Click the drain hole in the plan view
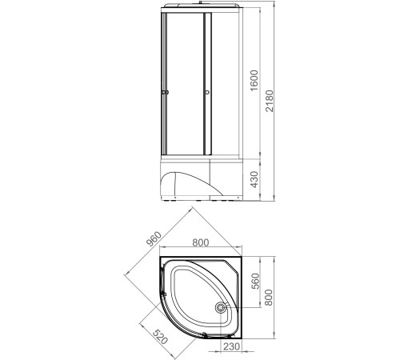[221, 306]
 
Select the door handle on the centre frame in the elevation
[206, 94]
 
